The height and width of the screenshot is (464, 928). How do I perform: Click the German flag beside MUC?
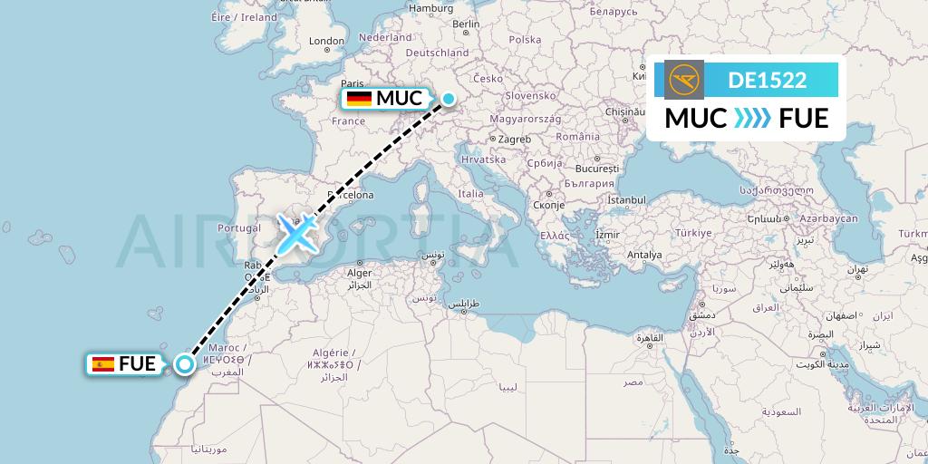[x=360, y=99]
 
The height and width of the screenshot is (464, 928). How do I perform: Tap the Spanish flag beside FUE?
[x=103, y=364]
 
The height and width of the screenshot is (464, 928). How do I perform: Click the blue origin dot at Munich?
[x=448, y=98]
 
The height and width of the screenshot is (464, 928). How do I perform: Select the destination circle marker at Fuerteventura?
[x=185, y=364]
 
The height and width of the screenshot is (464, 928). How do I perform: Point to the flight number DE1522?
[x=767, y=80]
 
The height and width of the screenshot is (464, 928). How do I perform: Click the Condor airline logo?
[x=684, y=80]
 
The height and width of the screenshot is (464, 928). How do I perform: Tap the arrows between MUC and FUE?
[x=752, y=118]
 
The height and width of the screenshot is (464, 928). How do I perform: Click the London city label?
[x=326, y=41]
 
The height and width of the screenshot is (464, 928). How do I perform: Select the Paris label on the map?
[x=353, y=83]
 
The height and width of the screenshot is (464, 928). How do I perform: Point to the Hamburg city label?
[x=430, y=8]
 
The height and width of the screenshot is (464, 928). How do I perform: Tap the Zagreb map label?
[x=513, y=139]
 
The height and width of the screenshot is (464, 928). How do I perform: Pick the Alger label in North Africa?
[x=361, y=273]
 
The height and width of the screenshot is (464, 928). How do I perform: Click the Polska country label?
[x=525, y=40]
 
